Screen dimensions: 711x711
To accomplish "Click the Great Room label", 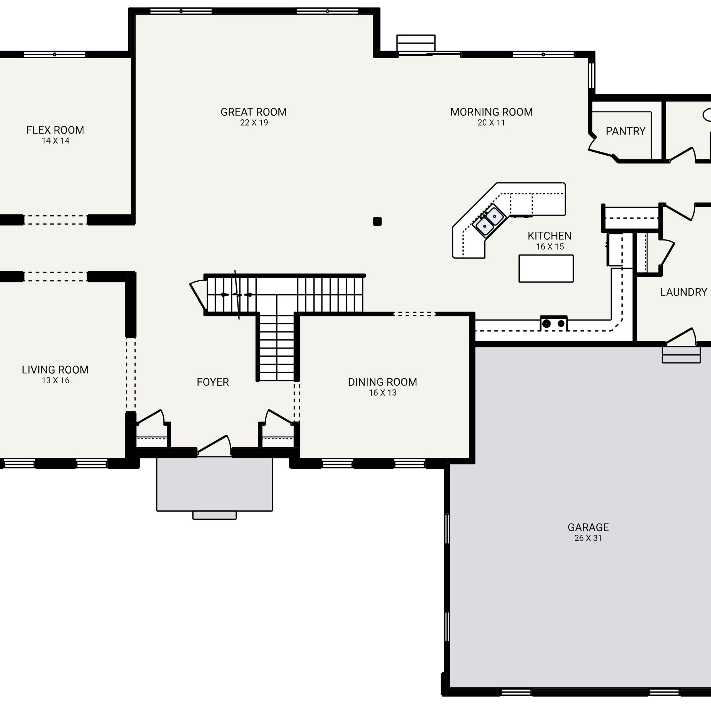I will [x=254, y=112].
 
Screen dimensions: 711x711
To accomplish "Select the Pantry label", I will [x=625, y=131].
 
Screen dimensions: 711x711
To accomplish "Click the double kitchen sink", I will [x=490, y=220].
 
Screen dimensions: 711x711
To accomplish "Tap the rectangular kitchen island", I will [x=546, y=269].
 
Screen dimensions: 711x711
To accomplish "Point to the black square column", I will [x=377, y=221].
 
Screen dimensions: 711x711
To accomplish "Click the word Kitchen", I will [x=549, y=236].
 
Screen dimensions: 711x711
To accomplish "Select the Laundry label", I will [x=683, y=292].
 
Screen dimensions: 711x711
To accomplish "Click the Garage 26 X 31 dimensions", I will [x=588, y=538].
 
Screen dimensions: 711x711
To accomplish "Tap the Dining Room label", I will [x=382, y=382].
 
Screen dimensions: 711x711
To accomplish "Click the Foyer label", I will [x=213, y=382].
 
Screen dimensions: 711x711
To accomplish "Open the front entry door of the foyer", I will [x=214, y=446].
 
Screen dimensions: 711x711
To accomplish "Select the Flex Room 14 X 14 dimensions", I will [x=55, y=141].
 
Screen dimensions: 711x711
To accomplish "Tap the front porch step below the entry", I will [x=215, y=515].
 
